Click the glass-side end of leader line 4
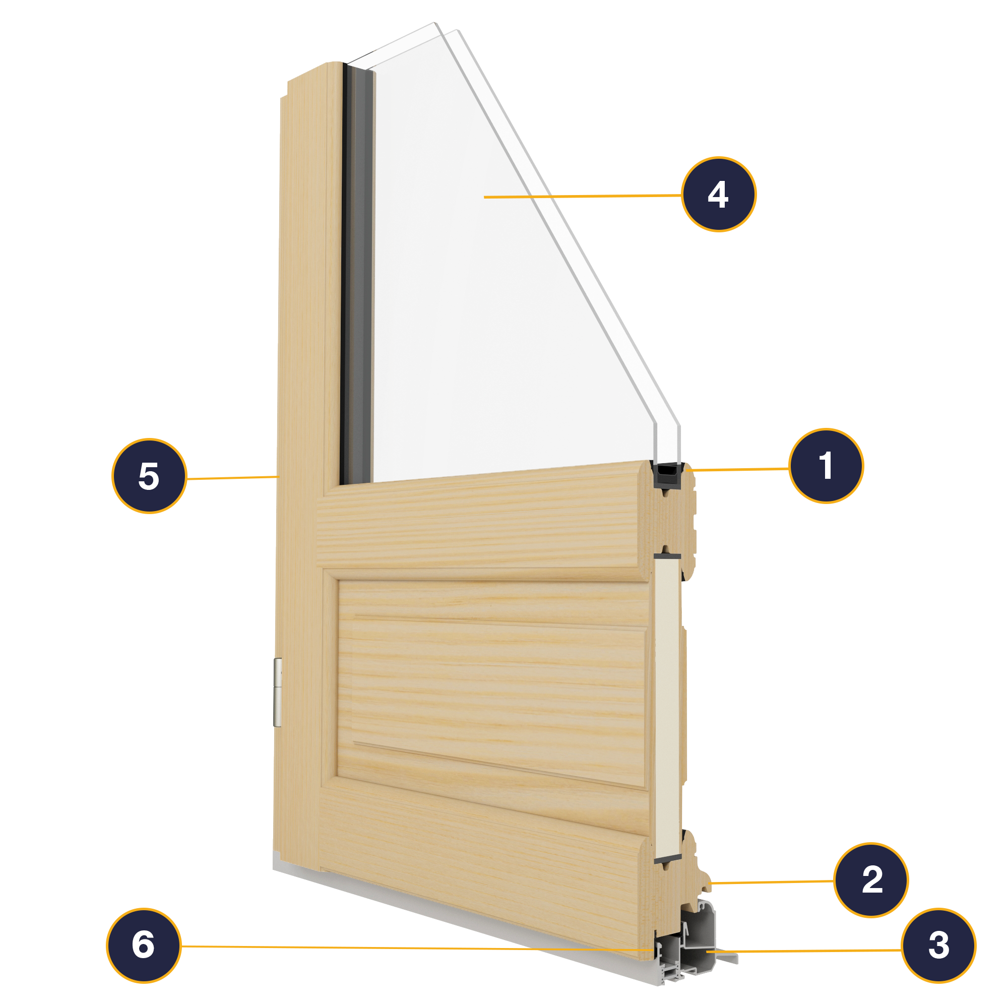coord(484,197)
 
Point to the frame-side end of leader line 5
coord(278,476)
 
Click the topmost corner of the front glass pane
coord(434,23)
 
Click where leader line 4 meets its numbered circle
coord(682,195)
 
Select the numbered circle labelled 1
coord(826,466)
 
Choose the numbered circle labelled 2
coord(871,879)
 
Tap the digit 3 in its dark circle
coord(938,945)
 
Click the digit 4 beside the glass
coord(718,194)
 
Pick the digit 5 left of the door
coord(149,476)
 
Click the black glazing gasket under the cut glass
coord(667,475)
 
